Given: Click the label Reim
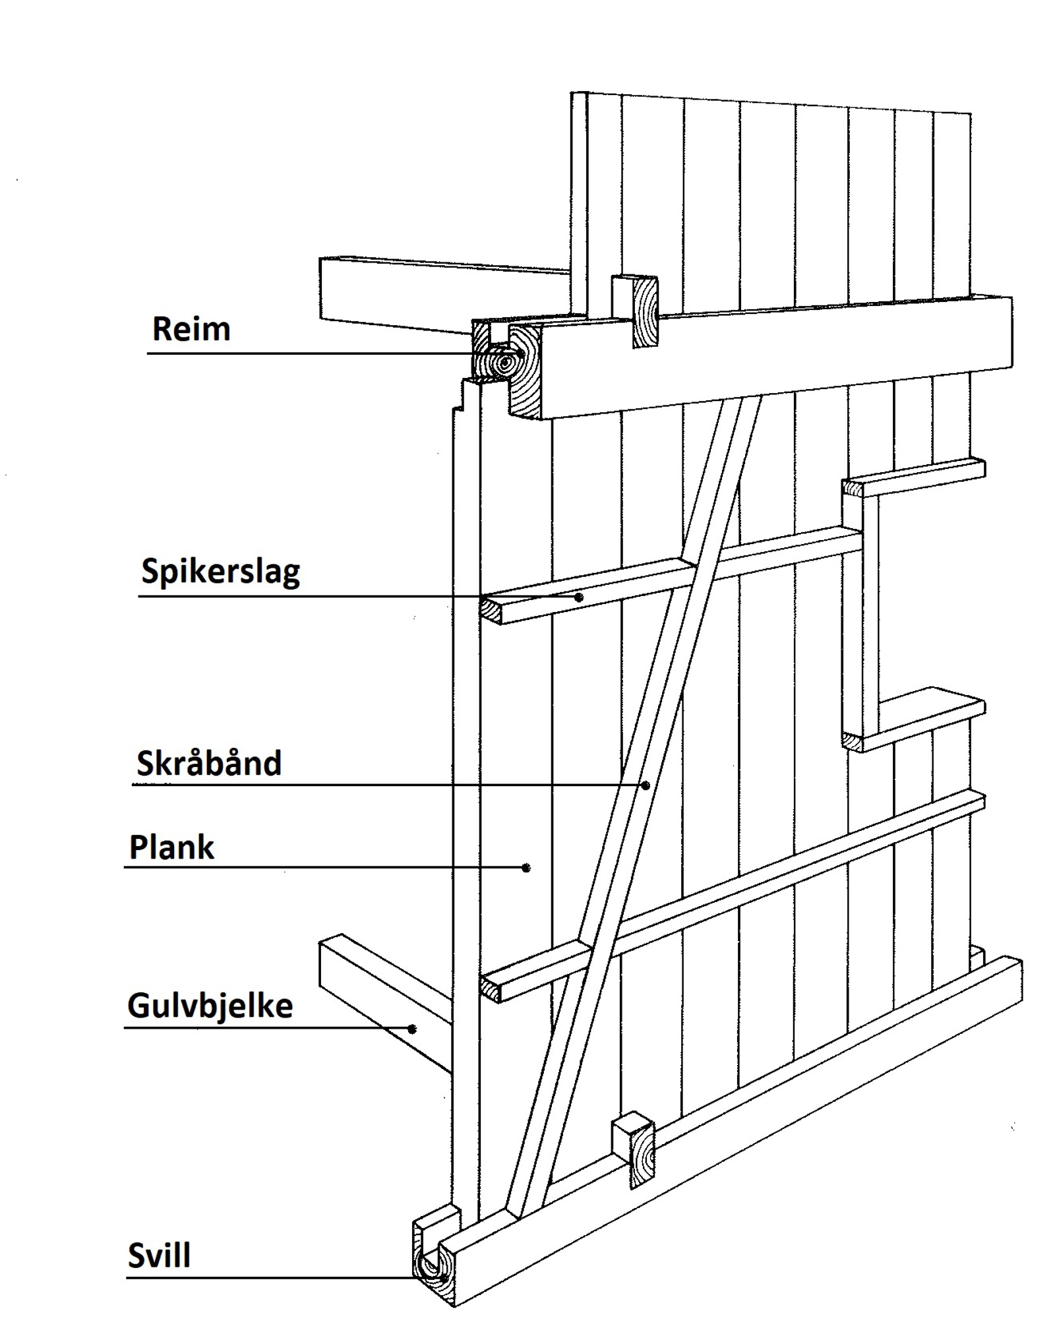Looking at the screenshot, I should coord(191,329).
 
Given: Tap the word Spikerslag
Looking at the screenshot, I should coord(220,572).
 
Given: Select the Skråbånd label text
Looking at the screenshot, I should coord(209,764).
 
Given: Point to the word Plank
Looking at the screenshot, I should coord(171,847).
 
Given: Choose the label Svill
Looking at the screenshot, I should coord(159,1256).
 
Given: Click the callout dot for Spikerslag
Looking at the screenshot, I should coord(579,597).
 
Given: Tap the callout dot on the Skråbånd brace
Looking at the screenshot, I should coord(646,785).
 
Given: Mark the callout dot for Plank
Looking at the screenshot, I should coord(526,868).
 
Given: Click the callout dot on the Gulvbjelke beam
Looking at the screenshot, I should coord(413,1028).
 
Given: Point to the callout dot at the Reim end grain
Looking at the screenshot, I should coord(521,353).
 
